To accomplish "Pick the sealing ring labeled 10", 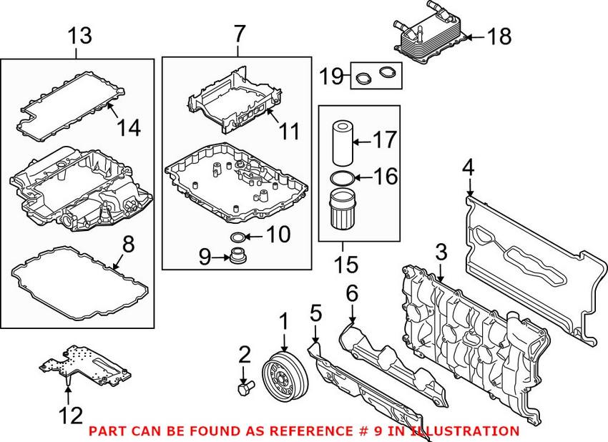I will [x=236, y=237].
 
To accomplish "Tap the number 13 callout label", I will [x=79, y=35].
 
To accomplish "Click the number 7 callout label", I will [x=239, y=33].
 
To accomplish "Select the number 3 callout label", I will [x=441, y=252].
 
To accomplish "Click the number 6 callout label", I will [x=351, y=293].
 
